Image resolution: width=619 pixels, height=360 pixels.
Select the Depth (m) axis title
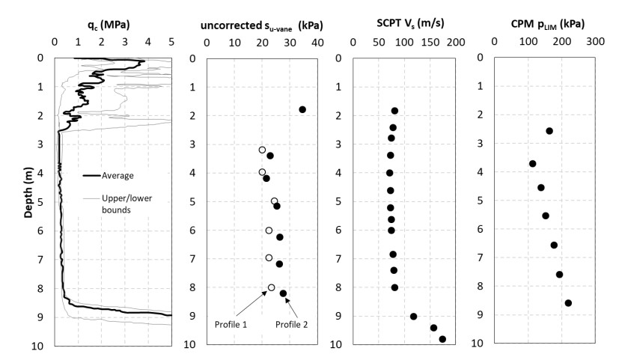[x=28, y=201]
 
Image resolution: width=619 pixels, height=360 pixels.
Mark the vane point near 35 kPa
[x=302, y=110]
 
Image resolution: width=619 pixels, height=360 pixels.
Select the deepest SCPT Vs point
[x=442, y=339]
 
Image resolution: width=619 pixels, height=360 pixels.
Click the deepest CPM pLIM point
[x=568, y=303]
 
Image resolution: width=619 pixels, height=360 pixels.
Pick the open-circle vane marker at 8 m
[x=272, y=287]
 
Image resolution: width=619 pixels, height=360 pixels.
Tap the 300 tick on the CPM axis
[x=596, y=42]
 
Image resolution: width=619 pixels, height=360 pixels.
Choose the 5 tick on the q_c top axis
[x=171, y=42]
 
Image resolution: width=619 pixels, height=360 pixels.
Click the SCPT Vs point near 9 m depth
[x=413, y=317]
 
